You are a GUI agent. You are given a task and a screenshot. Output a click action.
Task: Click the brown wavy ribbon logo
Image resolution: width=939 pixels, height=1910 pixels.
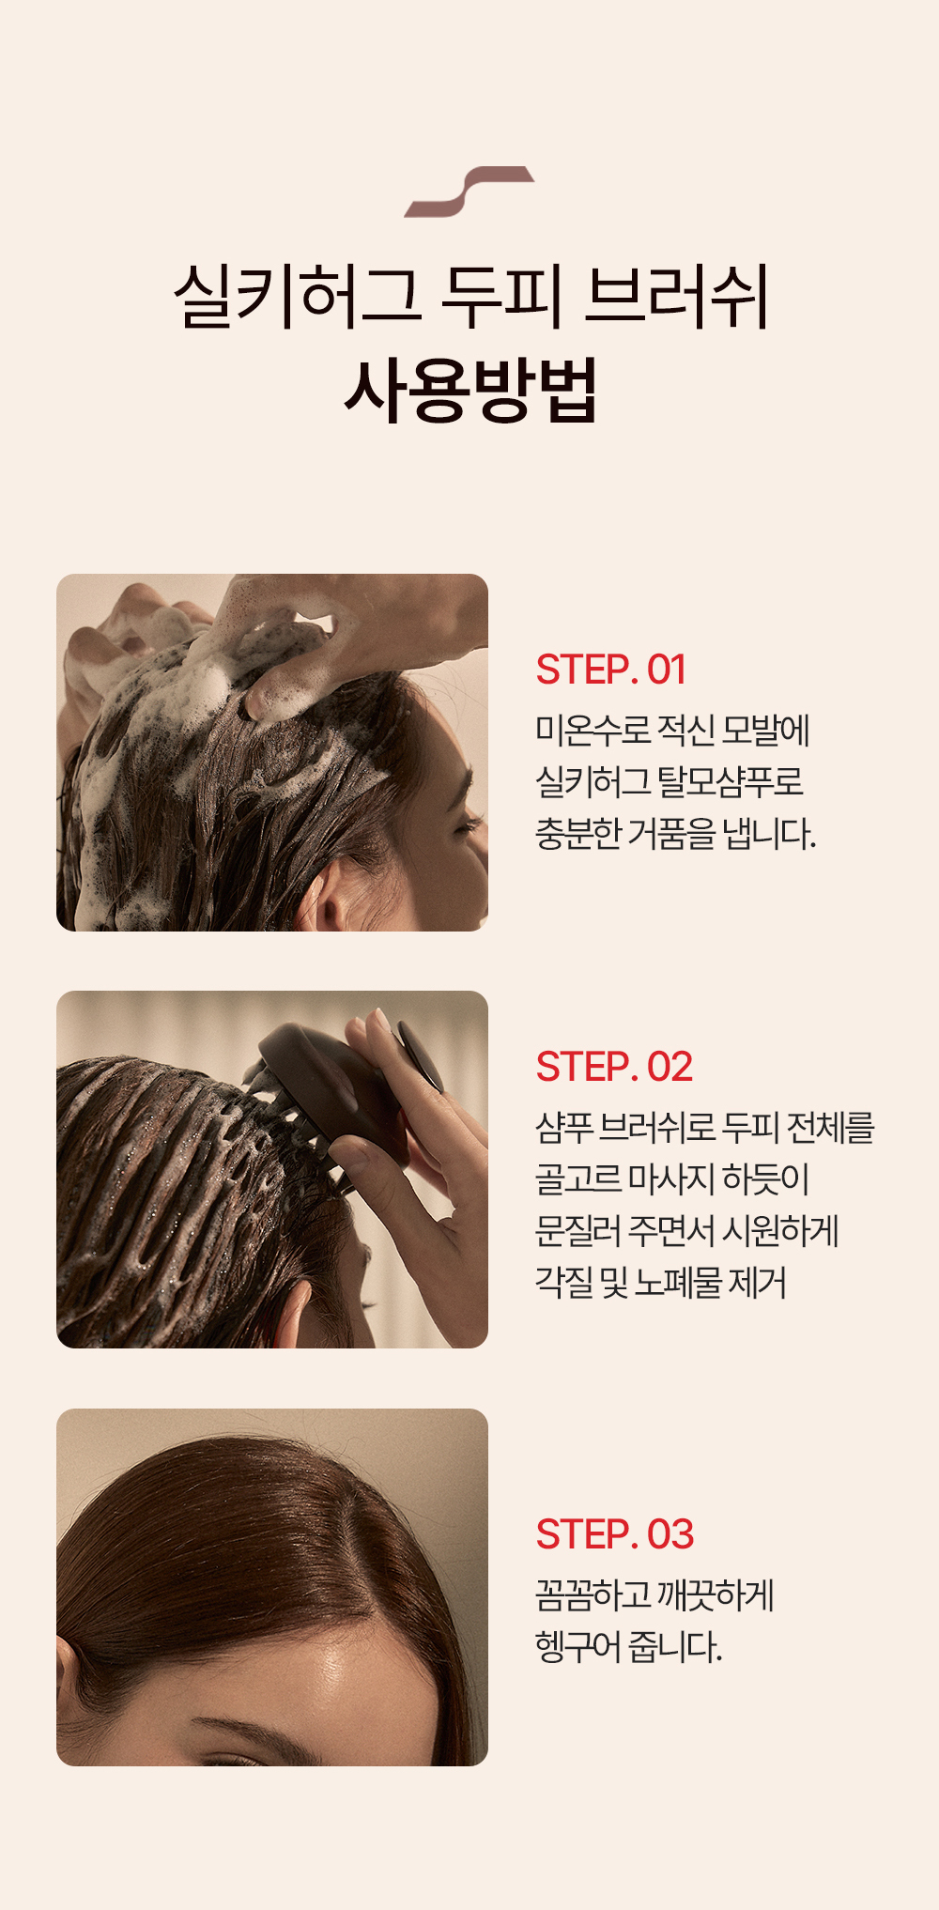(469, 192)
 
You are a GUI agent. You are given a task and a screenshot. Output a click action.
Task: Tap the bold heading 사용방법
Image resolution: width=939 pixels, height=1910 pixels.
(470, 390)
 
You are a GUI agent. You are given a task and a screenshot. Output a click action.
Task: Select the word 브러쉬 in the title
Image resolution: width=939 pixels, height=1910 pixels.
(676, 297)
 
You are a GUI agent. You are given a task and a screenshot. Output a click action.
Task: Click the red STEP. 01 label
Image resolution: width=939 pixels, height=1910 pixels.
(610, 670)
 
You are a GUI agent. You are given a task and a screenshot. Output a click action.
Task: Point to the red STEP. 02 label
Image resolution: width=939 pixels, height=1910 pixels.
(614, 1067)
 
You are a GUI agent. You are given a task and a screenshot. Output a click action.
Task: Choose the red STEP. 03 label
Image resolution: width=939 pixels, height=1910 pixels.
(614, 1534)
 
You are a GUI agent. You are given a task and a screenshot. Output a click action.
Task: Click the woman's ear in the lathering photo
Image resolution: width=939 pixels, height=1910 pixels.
(334, 902)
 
